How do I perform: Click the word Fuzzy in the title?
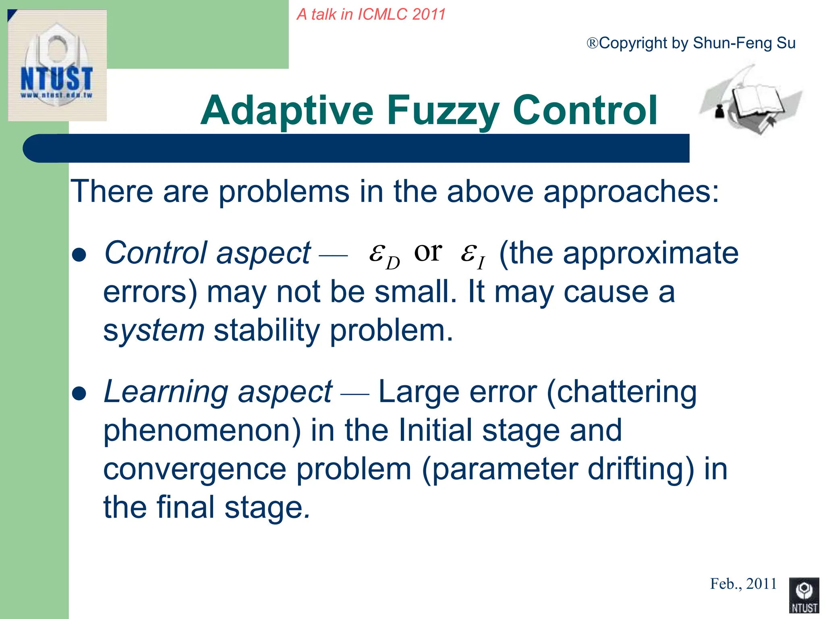443,111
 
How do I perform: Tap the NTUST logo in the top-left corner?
57,65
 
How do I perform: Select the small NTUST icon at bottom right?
804,595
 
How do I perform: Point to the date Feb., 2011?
743,584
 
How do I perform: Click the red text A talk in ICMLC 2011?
371,15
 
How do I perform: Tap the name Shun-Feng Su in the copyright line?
744,43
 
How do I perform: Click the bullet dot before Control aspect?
79,255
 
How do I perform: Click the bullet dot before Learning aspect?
79,394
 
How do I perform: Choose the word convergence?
195,469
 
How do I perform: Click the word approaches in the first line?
630,191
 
